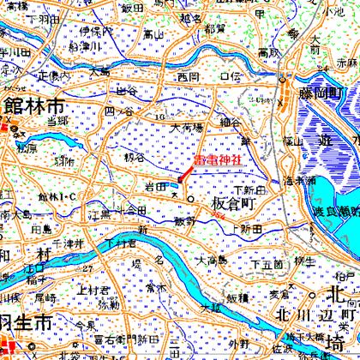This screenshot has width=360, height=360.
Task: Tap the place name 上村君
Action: coord(91,289)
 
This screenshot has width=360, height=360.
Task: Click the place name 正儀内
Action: coord(54,75)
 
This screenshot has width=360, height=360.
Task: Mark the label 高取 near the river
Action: coord(268,53)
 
